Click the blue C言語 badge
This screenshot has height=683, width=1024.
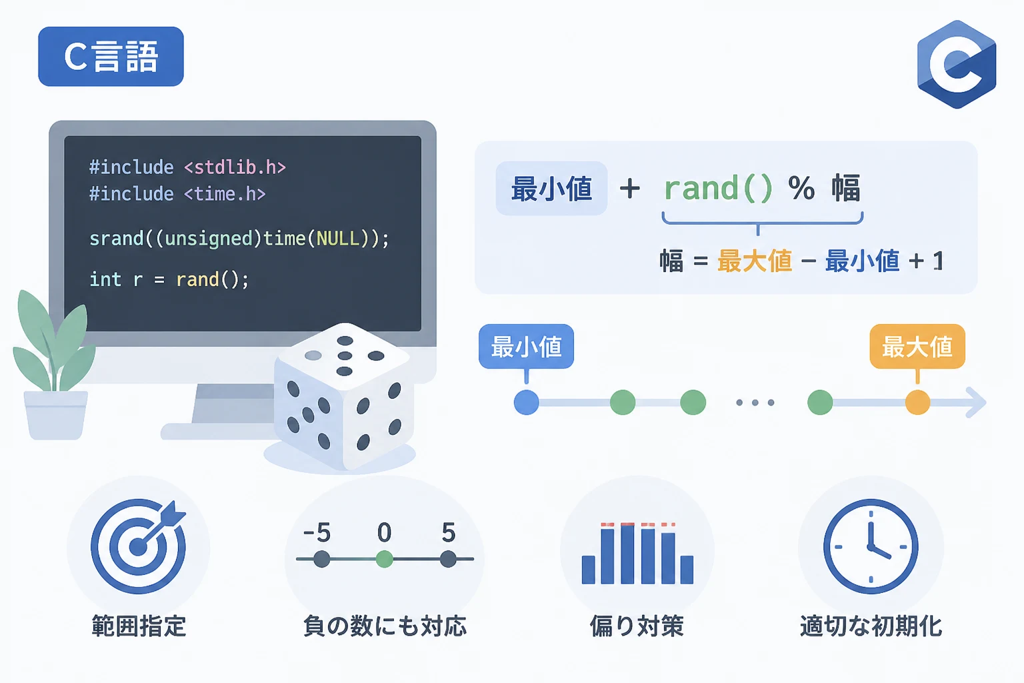(x=111, y=56)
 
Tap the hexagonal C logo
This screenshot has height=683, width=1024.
(x=957, y=64)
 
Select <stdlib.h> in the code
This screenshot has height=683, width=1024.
(x=235, y=167)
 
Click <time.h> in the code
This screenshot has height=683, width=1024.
(x=225, y=194)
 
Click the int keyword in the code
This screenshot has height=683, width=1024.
(x=105, y=279)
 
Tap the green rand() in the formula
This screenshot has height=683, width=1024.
(x=718, y=188)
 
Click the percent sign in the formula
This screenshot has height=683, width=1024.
(x=801, y=188)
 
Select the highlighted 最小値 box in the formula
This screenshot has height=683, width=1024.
(x=551, y=188)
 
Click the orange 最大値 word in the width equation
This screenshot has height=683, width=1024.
(x=755, y=261)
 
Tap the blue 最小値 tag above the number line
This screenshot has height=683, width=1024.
(x=526, y=346)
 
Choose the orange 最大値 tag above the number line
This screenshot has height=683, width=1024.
(x=917, y=346)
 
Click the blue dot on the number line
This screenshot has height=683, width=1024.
(x=526, y=403)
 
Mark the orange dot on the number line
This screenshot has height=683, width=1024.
(x=917, y=403)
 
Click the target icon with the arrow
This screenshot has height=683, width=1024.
(x=139, y=546)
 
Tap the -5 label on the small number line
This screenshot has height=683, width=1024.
(x=317, y=532)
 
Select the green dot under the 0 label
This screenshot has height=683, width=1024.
(x=385, y=559)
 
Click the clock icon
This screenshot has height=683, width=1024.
(x=871, y=546)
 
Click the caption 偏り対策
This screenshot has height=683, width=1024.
(x=637, y=626)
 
